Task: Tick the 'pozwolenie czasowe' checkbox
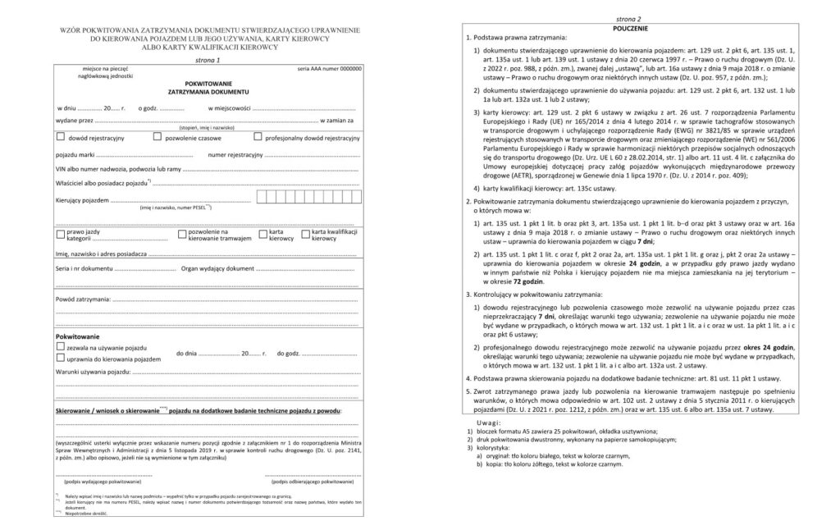coord(157,138)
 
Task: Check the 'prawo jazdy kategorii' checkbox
coord(60,234)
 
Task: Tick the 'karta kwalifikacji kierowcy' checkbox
coord(305,234)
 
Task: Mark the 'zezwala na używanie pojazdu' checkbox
coord(60,348)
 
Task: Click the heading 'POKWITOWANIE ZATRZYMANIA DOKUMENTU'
coord(208,87)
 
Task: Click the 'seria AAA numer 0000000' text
coord(329,69)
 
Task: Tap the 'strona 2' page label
coord(628,18)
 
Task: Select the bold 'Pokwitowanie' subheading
coord(77,337)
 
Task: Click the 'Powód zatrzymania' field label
coord(83,300)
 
